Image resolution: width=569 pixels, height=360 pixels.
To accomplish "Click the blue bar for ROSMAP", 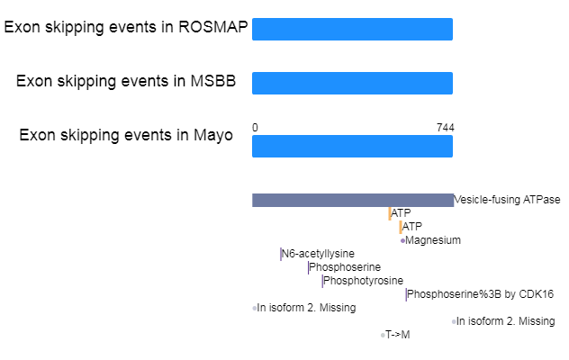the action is pyautogui.click(x=352, y=29).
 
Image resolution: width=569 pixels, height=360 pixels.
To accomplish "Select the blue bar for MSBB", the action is pyautogui.click(x=352, y=83).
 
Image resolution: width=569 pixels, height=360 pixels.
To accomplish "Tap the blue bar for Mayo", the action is pyautogui.click(x=352, y=146).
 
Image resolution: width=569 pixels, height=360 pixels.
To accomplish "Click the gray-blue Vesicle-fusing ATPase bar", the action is pyautogui.click(x=353, y=201).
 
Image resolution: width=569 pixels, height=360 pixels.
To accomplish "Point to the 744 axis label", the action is pyautogui.click(x=446, y=128).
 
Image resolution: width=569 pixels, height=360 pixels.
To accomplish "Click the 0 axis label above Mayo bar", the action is pyautogui.click(x=255, y=128).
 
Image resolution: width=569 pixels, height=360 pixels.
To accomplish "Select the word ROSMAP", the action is pyautogui.click(x=213, y=27).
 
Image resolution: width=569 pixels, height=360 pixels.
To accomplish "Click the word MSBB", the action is pyautogui.click(x=213, y=81).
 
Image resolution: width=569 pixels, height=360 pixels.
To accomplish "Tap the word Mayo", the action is pyautogui.click(x=213, y=135).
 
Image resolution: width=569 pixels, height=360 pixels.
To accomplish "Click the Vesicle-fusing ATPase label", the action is pyautogui.click(x=507, y=200).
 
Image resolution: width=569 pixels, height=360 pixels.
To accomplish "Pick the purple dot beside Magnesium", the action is pyautogui.click(x=402, y=240).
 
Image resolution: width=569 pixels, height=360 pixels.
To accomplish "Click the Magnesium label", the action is pyautogui.click(x=433, y=240).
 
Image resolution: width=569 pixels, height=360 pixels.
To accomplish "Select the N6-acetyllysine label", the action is pyautogui.click(x=318, y=254).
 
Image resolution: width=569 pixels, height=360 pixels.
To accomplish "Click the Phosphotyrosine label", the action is pyautogui.click(x=363, y=281).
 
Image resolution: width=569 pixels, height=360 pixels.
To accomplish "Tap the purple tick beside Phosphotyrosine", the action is pyautogui.click(x=322, y=281).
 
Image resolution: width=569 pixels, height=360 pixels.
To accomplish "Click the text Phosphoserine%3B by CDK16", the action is pyautogui.click(x=481, y=294).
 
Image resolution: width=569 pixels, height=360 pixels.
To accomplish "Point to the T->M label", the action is pyautogui.click(x=398, y=335).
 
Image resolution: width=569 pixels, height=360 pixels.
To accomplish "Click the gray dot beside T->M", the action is pyautogui.click(x=383, y=336).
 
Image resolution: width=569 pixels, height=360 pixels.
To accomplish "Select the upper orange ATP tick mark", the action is pyautogui.click(x=390, y=214).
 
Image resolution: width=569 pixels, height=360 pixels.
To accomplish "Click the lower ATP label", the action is pyautogui.click(x=412, y=227).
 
